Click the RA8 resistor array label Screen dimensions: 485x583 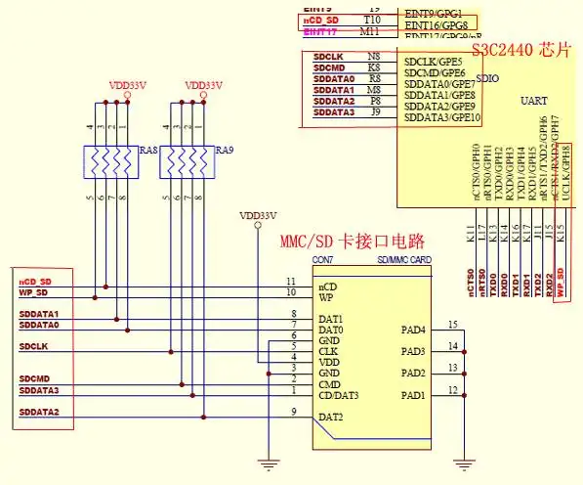click(147, 151)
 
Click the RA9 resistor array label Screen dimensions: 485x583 click(225, 151)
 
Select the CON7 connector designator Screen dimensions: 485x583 click(322, 261)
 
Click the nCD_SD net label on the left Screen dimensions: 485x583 click(35, 281)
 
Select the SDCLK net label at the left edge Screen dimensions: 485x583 click(33, 346)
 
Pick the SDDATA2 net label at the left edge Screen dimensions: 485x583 click(39, 413)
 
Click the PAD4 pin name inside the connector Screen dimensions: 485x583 click(414, 330)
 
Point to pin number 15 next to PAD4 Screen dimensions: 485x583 click(451, 324)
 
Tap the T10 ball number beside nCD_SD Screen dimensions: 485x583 click(372, 20)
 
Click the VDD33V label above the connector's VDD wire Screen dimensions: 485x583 click(258, 215)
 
